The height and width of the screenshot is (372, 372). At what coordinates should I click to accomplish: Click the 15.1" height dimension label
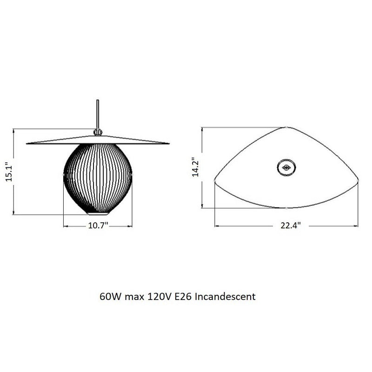point(8,173)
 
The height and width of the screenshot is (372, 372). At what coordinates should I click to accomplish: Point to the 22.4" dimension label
point(290,226)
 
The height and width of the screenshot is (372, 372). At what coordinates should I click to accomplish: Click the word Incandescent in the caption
point(225,296)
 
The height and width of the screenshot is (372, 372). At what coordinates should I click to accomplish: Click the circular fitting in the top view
point(286,166)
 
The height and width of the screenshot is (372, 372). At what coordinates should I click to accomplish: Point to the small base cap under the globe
point(99,214)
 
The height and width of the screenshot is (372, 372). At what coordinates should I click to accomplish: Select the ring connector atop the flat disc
point(98,132)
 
